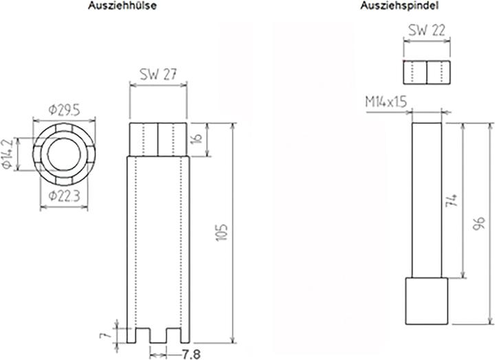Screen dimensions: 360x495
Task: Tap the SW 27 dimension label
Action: pyautogui.click(x=158, y=75)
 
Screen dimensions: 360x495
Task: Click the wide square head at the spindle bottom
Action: pyautogui.click(x=426, y=300)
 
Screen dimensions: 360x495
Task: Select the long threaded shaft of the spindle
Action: pyautogui.click(x=426, y=199)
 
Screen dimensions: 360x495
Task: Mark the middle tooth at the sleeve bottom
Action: pyautogui.click(x=159, y=335)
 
